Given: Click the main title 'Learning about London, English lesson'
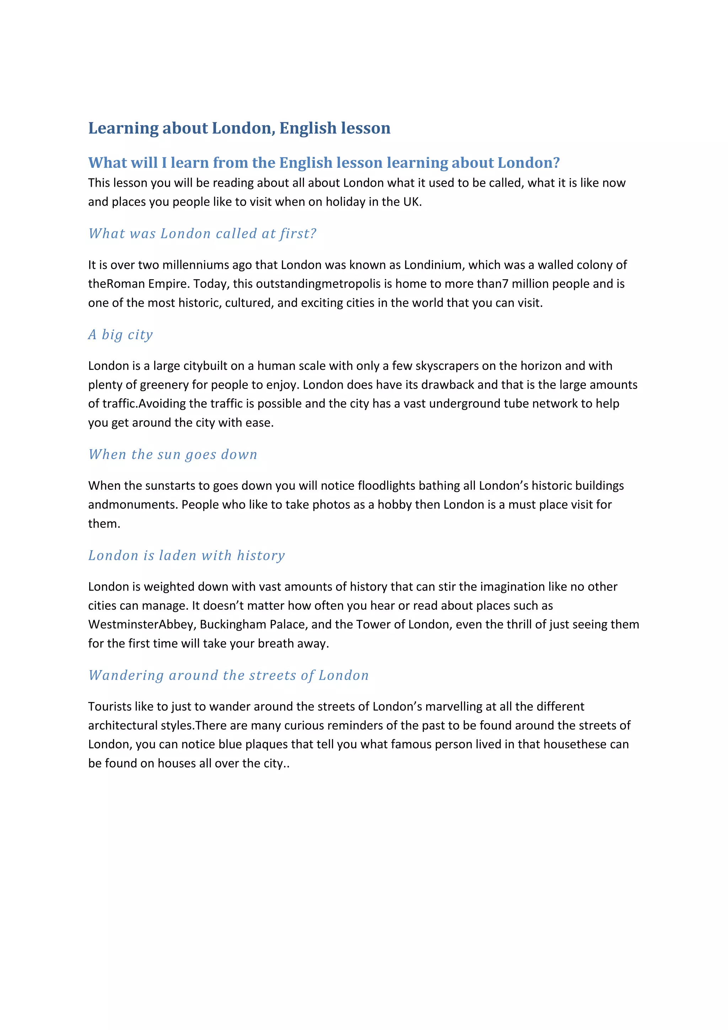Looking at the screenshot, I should pyautogui.click(x=239, y=128).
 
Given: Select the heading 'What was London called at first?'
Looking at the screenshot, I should pyautogui.click(x=202, y=233).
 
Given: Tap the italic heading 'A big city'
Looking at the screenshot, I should pyautogui.click(x=121, y=335).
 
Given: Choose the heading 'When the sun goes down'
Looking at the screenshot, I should pyautogui.click(x=173, y=455).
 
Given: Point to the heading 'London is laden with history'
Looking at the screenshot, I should pyautogui.click(x=187, y=556).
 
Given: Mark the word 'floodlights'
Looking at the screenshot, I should pyautogui.click(x=386, y=485).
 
